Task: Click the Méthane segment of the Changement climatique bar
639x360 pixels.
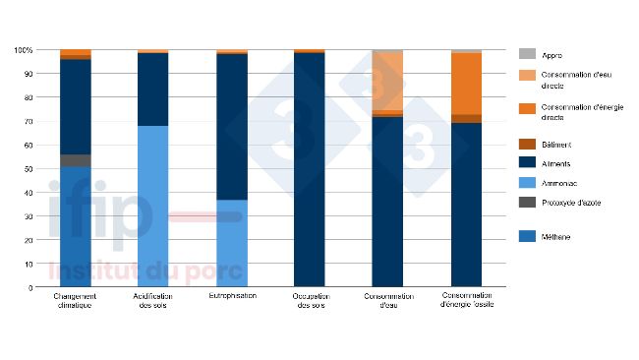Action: click(x=76, y=226)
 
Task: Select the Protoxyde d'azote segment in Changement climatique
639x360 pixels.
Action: click(x=76, y=160)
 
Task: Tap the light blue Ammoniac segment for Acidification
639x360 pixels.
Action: click(x=152, y=207)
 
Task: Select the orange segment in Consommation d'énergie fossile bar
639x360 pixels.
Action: click(x=467, y=83)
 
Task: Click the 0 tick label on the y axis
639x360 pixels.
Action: click(x=30, y=287)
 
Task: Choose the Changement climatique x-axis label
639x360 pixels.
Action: click(x=75, y=301)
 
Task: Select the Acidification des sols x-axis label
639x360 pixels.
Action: click(x=152, y=301)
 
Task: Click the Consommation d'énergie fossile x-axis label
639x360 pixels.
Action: click(x=467, y=301)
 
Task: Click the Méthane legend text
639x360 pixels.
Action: click(x=558, y=237)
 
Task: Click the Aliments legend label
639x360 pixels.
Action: click(x=558, y=163)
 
